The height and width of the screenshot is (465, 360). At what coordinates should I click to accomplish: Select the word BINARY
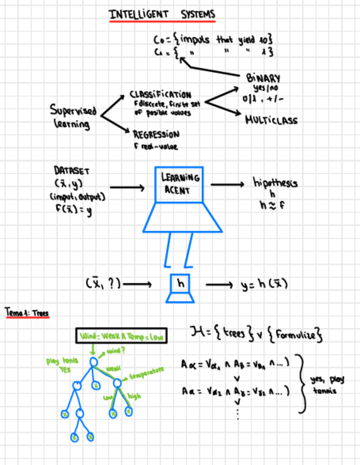263,78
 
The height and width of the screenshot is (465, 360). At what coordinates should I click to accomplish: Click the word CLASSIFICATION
161,94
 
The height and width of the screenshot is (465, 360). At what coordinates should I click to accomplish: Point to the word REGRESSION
156,134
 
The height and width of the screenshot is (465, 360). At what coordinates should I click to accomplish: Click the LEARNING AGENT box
179,184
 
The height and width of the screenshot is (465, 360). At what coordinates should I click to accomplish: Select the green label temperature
146,375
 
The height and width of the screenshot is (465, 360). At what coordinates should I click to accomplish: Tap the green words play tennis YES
62,365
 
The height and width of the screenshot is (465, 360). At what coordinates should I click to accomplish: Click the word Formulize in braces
299,334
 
